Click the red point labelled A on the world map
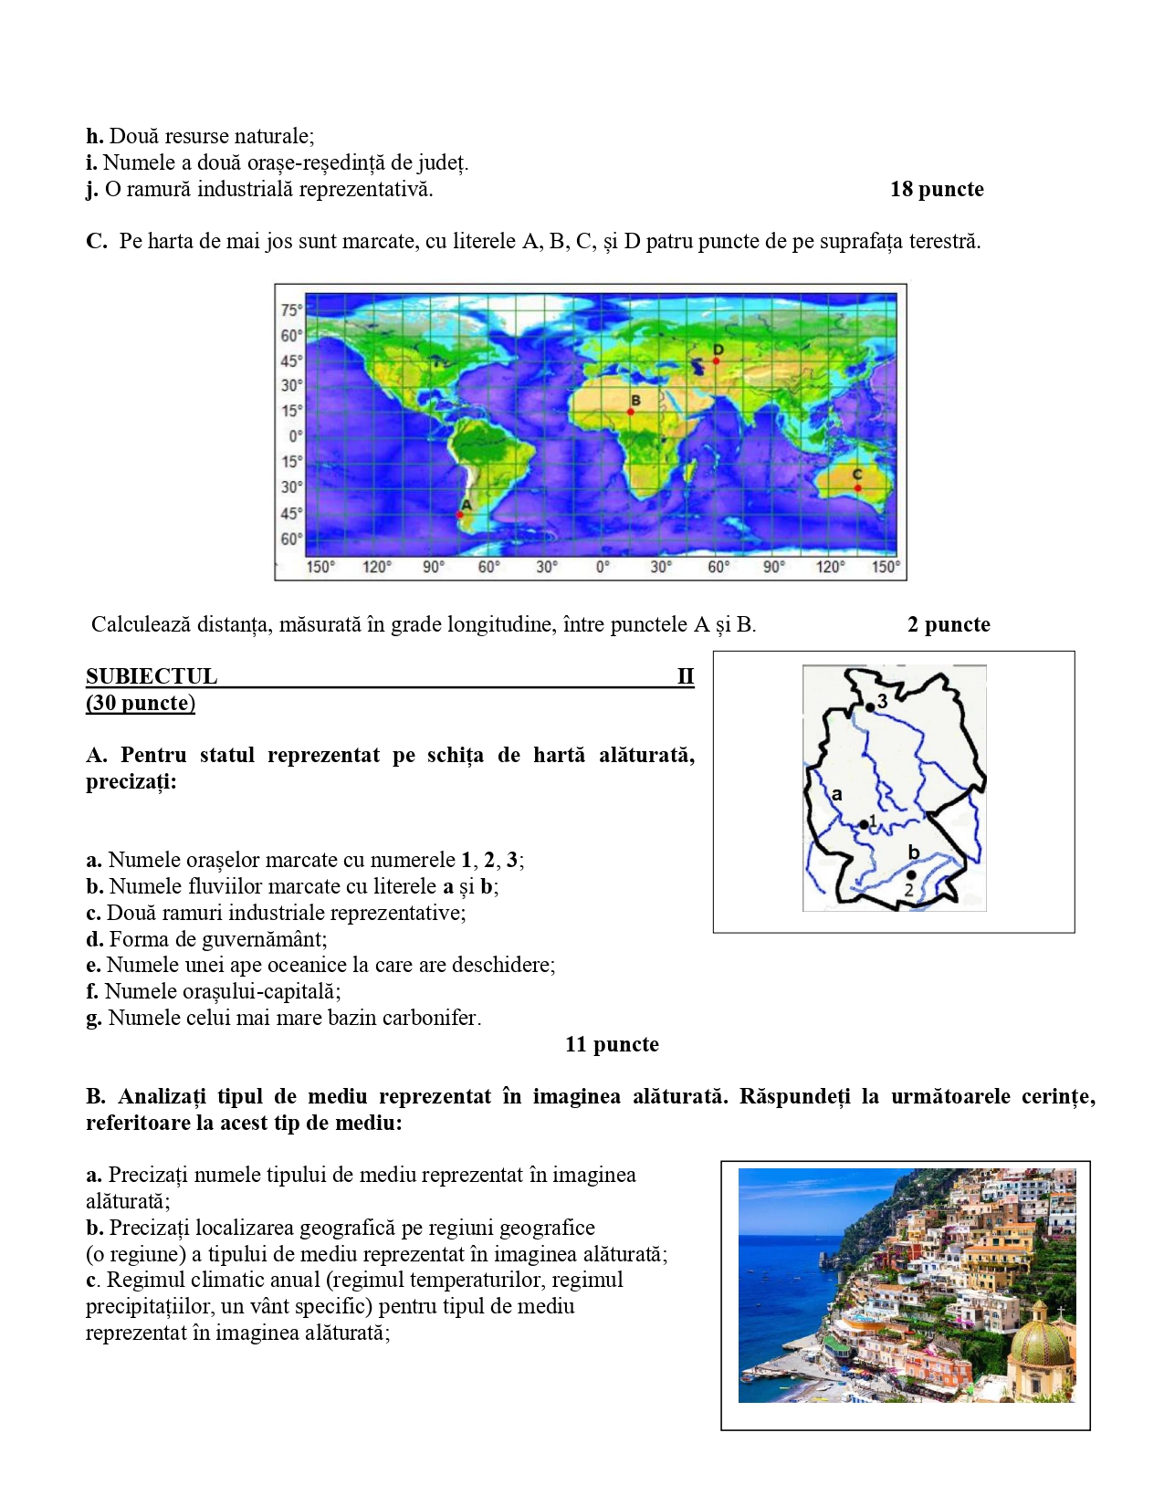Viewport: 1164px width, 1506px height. click(x=460, y=516)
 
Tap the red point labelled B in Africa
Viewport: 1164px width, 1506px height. click(x=631, y=412)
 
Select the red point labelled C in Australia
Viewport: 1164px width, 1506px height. click(x=858, y=488)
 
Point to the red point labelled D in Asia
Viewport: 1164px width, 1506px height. click(x=717, y=361)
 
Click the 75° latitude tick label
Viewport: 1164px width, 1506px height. click(x=290, y=310)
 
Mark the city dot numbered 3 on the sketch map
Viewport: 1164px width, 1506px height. click(x=870, y=706)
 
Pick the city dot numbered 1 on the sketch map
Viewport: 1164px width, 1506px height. click(x=864, y=825)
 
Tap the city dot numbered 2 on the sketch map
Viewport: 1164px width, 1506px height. click(x=911, y=875)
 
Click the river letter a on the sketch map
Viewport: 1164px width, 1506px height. click(x=836, y=794)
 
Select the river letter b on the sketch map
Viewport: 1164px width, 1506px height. click(x=914, y=852)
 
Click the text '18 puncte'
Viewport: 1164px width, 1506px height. click(x=937, y=190)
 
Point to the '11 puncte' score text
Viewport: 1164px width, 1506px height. click(x=612, y=1045)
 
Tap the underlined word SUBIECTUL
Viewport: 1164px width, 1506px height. click(x=152, y=676)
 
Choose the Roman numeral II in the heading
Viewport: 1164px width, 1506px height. click(x=686, y=676)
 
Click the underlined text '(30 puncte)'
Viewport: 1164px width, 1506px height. click(x=141, y=703)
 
